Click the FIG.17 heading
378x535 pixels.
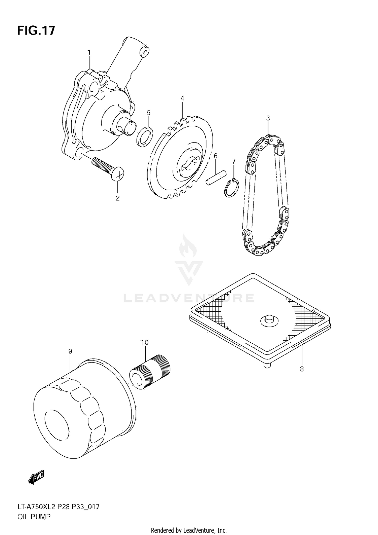pyautogui.click(x=36, y=30)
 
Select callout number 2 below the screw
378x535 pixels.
pyautogui.click(x=117, y=198)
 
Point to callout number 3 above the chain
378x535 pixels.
pyautogui.click(x=268, y=118)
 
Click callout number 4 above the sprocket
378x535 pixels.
pyautogui.click(x=182, y=98)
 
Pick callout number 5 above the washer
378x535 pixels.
pyautogui.click(x=148, y=113)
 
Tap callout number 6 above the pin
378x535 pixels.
pyautogui.click(x=215, y=156)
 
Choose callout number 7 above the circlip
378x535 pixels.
pyautogui.click(x=234, y=161)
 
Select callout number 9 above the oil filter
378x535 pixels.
pyautogui.click(x=70, y=351)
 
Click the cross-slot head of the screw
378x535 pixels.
pyautogui.click(x=118, y=174)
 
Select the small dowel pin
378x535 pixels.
pyautogui.click(x=216, y=178)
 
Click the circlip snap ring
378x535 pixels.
pyautogui.click(x=232, y=188)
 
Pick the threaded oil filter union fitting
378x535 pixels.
pyautogui.click(x=150, y=372)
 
